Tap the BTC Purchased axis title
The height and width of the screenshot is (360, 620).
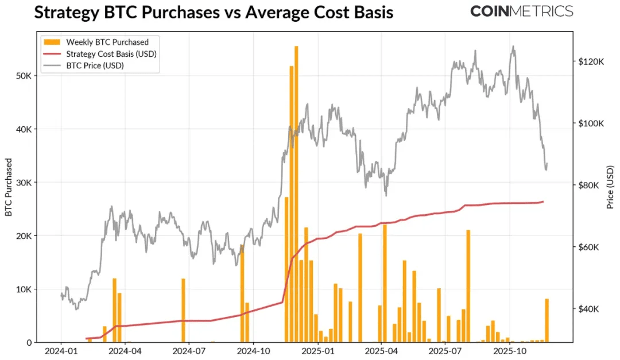coord(9,187)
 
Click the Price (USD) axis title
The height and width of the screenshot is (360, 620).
coord(610,187)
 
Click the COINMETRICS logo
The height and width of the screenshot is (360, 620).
coord(521,11)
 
